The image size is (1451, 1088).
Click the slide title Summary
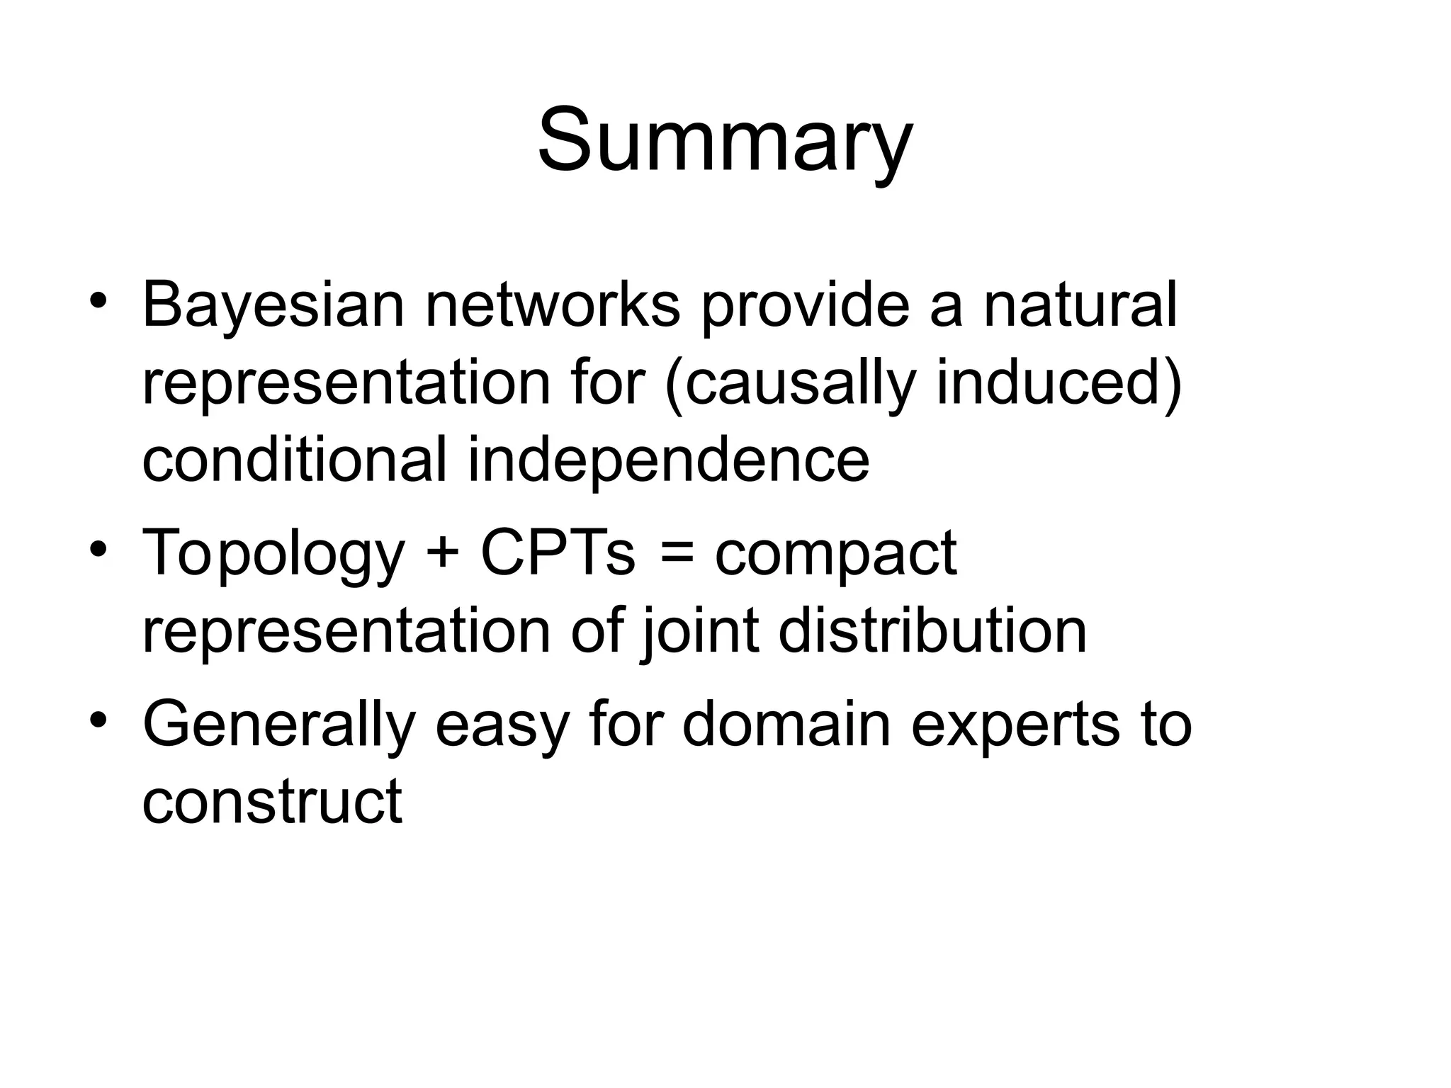[x=725, y=140]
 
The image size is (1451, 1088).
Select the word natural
[x=1080, y=305]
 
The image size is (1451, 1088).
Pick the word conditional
[x=294, y=460]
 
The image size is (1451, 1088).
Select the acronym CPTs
[x=558, y=552]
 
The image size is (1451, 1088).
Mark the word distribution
[x=932, y=630]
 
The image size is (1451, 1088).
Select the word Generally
[x=279, y=725]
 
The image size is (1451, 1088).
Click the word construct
[x=272, y=801]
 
